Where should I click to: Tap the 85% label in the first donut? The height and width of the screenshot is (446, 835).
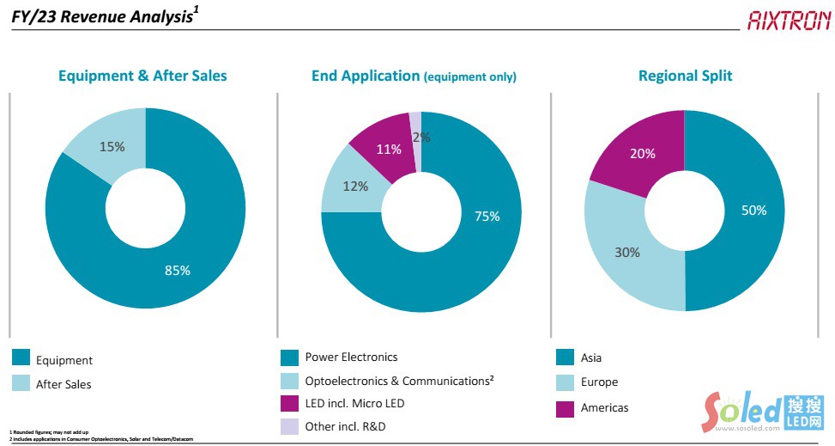pos(178,271)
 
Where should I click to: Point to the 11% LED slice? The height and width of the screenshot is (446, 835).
pos(388,149)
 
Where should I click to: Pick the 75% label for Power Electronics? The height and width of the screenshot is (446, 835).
pos(487,217)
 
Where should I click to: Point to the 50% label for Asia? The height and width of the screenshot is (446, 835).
pos(754,210)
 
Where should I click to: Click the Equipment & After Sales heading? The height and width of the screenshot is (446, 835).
pos(142,76)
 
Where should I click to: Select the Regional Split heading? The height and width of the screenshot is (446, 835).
pos(685,76)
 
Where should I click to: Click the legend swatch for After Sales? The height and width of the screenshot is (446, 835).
pos(21,383)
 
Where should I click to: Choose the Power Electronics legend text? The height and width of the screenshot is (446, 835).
pos(351,357)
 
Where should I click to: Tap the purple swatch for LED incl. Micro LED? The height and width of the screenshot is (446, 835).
pos(289,403)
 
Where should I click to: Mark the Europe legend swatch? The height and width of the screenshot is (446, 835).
pos(565,382)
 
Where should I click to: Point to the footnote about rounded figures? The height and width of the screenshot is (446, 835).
pos(49,431)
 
